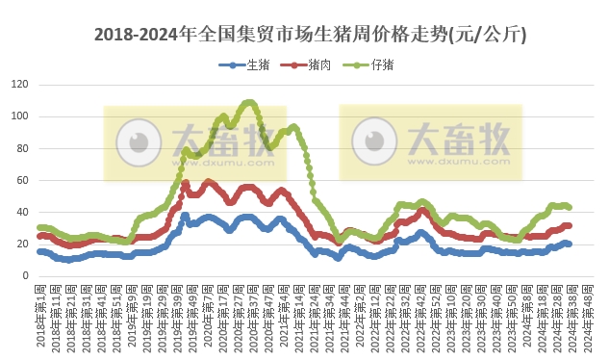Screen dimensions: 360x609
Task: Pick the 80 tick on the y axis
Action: [22, 148]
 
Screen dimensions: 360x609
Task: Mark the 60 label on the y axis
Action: [22, 180]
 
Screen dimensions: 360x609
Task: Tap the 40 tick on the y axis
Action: [22, 212]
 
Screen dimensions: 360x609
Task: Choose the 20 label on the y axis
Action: [22, 244]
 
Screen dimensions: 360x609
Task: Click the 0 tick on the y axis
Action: [25, 275]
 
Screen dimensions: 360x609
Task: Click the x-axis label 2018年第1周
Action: [40, 316]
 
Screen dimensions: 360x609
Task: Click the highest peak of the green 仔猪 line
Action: [250, 102]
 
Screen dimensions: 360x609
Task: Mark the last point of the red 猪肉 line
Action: [570, 225]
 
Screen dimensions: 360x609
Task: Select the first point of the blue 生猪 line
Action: [39, 251]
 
